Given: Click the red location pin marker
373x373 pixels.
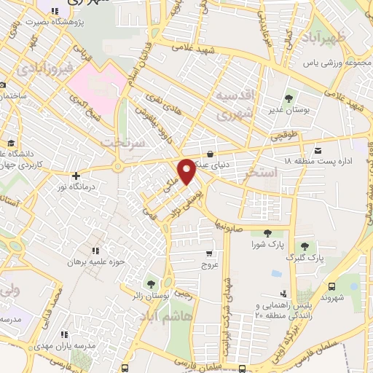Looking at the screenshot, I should point(187,170).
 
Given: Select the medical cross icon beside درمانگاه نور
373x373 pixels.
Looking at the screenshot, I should point(76,176).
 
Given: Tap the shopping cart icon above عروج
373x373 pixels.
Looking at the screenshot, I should point(210,254).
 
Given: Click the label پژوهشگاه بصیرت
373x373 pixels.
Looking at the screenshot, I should point(55,22).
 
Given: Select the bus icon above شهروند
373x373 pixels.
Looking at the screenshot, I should point(334,286).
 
